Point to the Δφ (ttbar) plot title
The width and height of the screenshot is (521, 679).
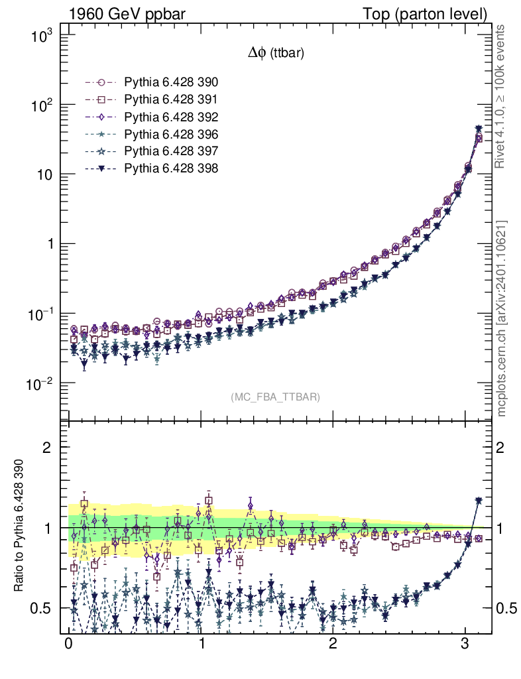pyautogui.click(x=275, y=54)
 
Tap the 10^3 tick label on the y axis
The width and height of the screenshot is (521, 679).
pyautogui.click(x=41, y=36)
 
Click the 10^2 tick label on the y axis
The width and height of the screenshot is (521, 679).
pyautogui.click(x=41, y=105)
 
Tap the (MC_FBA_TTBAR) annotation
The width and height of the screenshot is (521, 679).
pyautogui.click(x=275, y=397)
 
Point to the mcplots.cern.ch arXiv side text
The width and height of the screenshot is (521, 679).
pyautogui.click(x=502, y=318)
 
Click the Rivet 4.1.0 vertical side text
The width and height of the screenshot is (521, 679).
pyautogui.click(x=502, y=96)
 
